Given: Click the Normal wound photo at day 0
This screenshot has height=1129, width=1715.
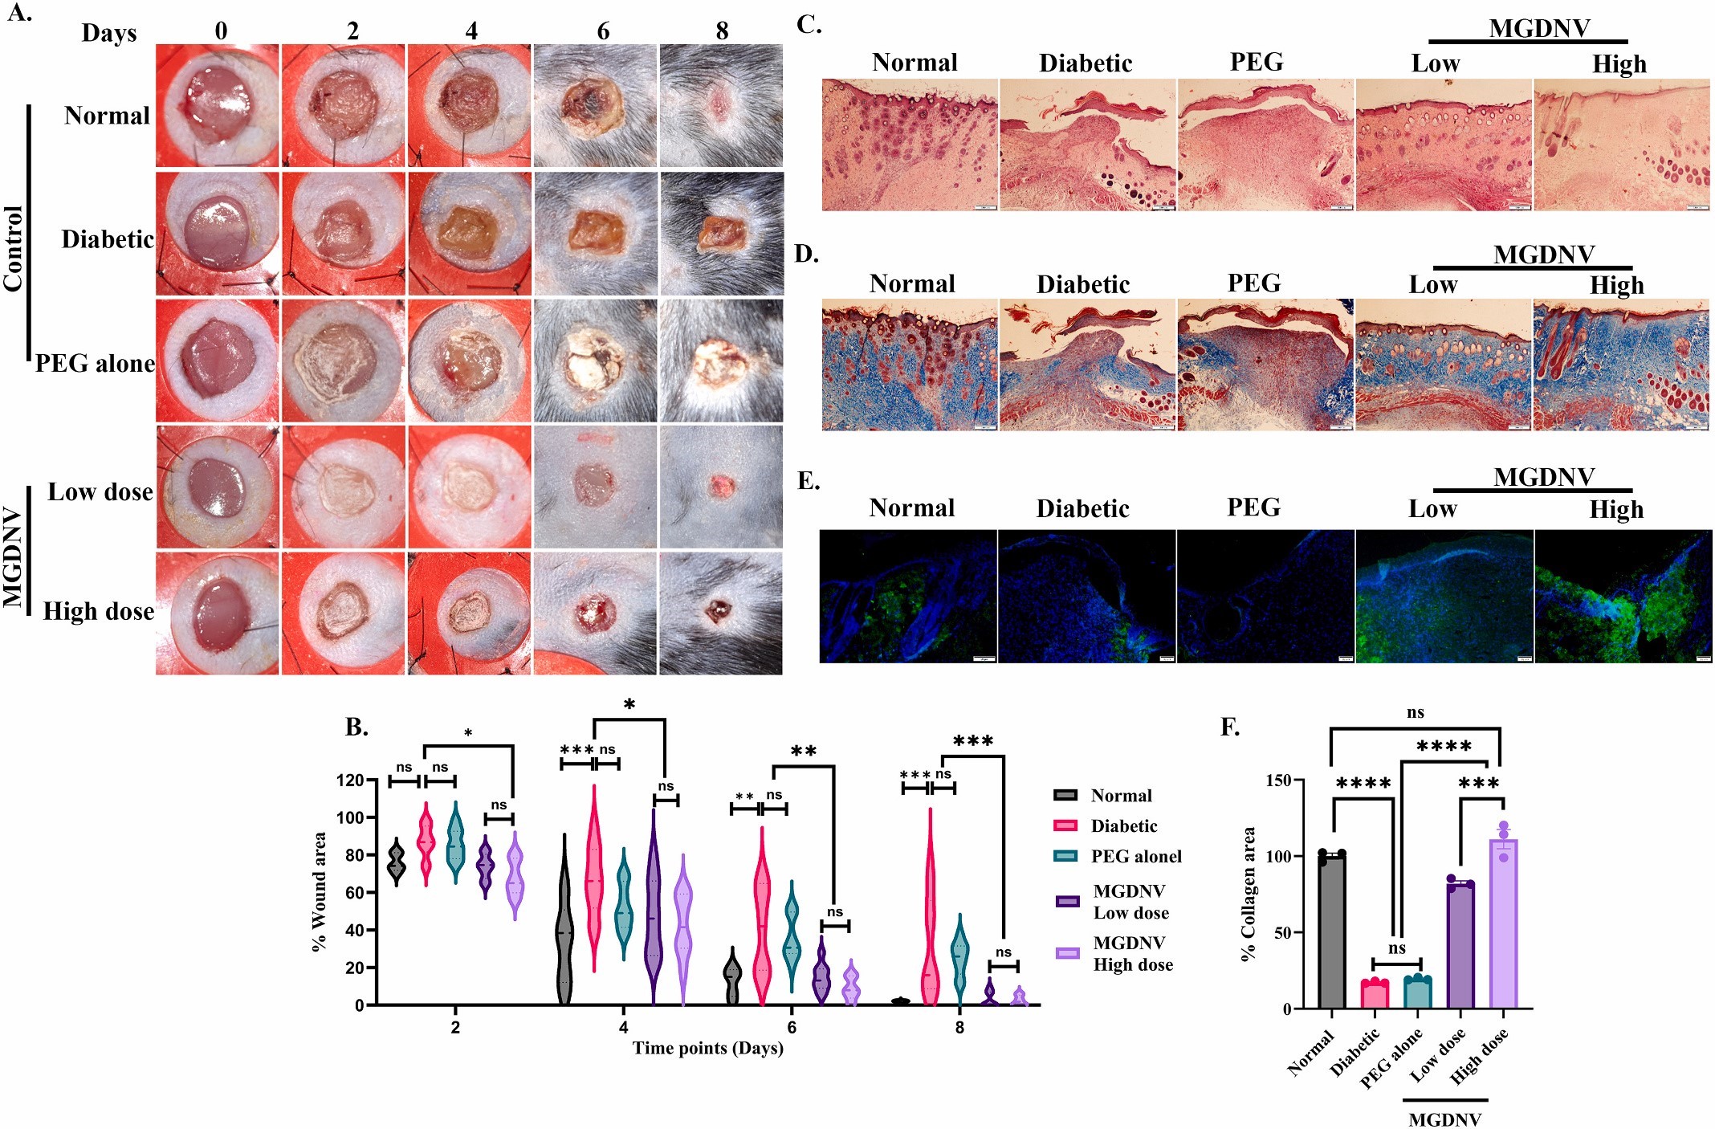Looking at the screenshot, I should click(x=218, y=105).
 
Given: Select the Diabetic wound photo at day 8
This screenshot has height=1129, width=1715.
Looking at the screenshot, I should click(x=721, y=234).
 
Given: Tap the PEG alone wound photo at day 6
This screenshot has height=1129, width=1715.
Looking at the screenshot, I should click(x=595, y=361).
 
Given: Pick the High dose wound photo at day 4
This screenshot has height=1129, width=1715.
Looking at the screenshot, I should click(x=469, y=613).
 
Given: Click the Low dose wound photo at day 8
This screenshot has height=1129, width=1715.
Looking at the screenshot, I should click(x=721, y=487).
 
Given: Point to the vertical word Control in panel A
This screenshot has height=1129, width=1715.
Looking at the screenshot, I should click(x=14, y=248).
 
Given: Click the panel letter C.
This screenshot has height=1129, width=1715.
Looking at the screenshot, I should click(x=809, y=25).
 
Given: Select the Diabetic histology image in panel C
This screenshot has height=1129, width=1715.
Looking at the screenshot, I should click(x=1087, y=145).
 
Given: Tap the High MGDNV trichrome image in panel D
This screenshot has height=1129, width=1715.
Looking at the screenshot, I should click(x=1621, y=365).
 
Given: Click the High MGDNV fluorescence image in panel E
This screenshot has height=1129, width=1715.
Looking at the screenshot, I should click(x=1623, y=596).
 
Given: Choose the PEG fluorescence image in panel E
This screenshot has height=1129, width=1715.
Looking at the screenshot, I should click(x=1265, y=596).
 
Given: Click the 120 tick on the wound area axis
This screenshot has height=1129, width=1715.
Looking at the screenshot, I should click(x=350, y=780).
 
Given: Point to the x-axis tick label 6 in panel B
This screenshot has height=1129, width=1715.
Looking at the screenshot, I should click(x=792, y=1027).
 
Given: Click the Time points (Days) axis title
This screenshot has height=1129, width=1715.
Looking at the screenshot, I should click(x=707, y=1048).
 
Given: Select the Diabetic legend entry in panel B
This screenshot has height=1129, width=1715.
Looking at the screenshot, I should click(x=1122, y=825).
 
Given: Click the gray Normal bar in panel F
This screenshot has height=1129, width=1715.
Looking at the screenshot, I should click(x=1331, y=931).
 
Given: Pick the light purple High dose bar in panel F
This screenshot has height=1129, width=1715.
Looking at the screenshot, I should click(x=1503, y=923).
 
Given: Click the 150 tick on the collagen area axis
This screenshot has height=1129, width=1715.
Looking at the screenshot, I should click(x=1278, y=781).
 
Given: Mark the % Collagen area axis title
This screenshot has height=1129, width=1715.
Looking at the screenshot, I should click(x=1248, y=894).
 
